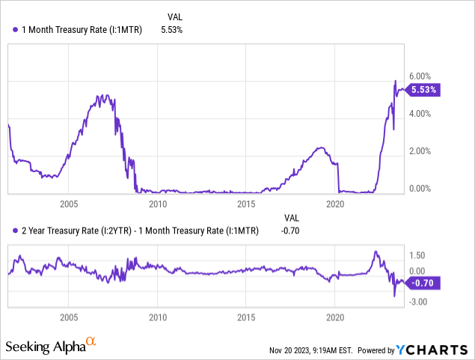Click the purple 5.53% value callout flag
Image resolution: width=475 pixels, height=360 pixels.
coord(424,89)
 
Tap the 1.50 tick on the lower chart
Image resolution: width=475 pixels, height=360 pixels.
coord(417,255)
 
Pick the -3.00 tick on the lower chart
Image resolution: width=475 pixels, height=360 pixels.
coord(418,302)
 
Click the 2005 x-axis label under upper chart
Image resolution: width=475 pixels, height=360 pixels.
coord(69,204)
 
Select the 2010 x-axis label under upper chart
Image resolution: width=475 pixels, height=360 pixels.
coord(158,204)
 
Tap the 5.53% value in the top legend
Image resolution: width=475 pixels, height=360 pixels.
coord(171,29)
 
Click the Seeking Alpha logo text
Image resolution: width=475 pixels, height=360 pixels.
coord(45,347)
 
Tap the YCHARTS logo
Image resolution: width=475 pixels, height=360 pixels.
coord(438,349)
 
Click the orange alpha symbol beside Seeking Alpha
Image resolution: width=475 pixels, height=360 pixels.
coord(91,342)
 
